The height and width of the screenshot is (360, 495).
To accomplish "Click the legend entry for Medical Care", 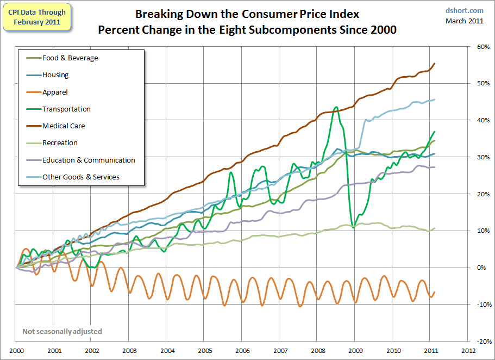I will pyautogui.click(x=64, y=126).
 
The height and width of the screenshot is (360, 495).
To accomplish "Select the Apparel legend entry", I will pyautogui.click(x=55, y=92).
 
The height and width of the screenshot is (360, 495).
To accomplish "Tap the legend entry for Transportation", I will pyautogui.click(x=66, y=109).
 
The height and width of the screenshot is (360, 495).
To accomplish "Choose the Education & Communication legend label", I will pyautogui.click(x=89, y=160).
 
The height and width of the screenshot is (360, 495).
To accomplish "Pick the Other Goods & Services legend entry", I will pyautogui.click(x=80, y=177).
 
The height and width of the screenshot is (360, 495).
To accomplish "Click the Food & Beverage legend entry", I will pyautogui.click(x=70, y=58).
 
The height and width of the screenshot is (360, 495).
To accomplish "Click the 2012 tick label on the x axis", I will pyautogui.click(x=468, y=351).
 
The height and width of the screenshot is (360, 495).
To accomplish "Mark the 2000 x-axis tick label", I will pyautogui.click(x=16, y=351).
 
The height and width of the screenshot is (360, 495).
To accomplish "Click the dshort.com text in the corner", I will pyautogui.click(x=464, y=10).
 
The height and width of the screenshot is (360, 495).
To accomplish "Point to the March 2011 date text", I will pyautogui.click(x=464, y=21).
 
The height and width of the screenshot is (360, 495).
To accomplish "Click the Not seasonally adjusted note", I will pyautogui.click(x=62, y=331).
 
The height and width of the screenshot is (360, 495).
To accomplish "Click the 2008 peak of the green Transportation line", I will pyautogui.click(x=336, y=107).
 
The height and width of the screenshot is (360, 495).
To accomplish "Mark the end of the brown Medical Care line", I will pyautogui.click(x=434, y=64).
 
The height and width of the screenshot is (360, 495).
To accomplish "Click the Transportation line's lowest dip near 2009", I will pyautogui.click(x=354, y=227).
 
